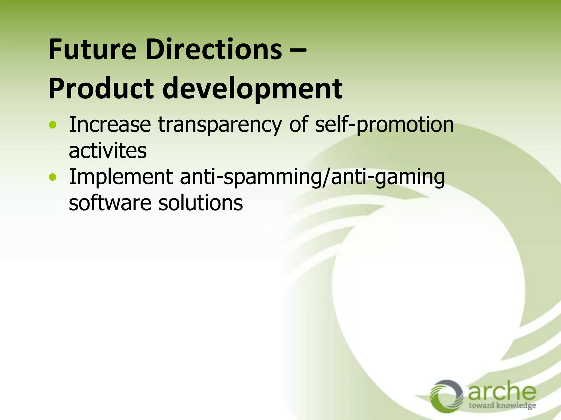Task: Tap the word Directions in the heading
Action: pyautogui.click(x=214, y=50)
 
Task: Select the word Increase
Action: pyautogui.click(x=110, y=125)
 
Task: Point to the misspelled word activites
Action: pyautogui.click(x=108, y=151)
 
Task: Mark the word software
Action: pyautogui.click(x=110, y=203)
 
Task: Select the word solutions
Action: pyautogui.click(x=201, y=203)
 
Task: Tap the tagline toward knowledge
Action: pyautogui.click(x=502, y=405)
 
